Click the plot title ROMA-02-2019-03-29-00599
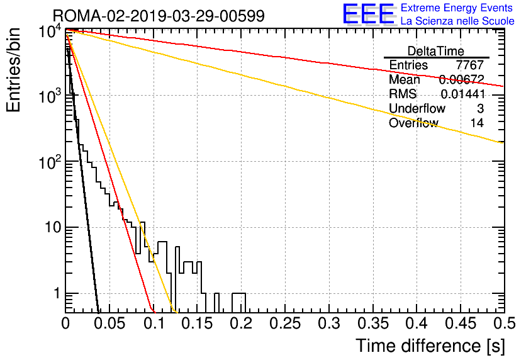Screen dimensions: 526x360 159,16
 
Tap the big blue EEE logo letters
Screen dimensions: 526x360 369,14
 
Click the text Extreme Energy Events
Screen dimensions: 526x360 457,8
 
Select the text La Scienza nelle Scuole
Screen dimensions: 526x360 457,21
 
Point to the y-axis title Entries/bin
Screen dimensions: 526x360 13,70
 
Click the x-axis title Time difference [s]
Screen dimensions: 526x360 430,346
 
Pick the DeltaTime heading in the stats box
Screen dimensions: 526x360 436,51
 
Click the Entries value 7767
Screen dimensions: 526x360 469,65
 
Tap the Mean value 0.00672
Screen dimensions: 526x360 462,79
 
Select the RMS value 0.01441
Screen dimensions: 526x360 462,94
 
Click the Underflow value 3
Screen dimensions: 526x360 480,108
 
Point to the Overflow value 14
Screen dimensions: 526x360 477,123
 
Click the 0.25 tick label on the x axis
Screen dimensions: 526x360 285,323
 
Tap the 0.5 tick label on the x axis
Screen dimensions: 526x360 505,323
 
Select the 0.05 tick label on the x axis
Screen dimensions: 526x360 110,323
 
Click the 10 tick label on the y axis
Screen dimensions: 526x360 53,227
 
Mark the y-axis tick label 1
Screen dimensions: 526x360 57,293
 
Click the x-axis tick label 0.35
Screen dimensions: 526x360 373,323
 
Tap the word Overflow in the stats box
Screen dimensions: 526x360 413,123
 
